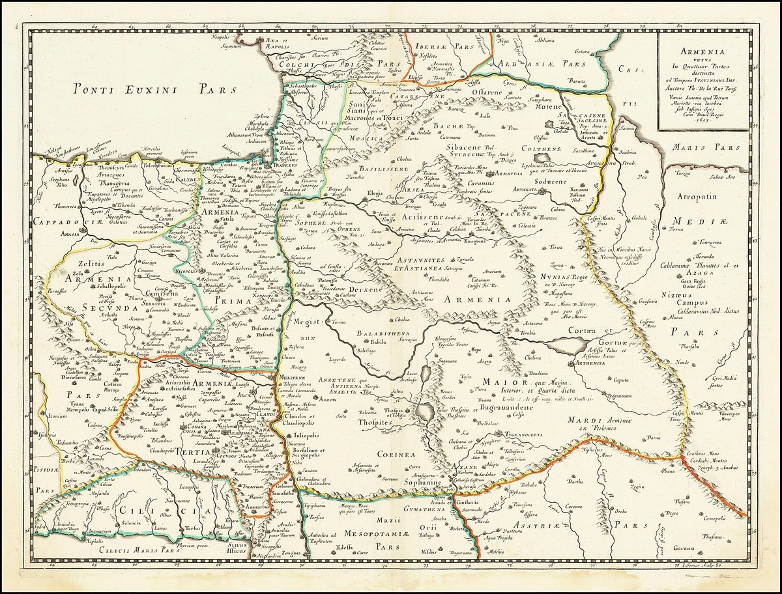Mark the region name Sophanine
pos(422,483)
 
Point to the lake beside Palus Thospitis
pos(427,412)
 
